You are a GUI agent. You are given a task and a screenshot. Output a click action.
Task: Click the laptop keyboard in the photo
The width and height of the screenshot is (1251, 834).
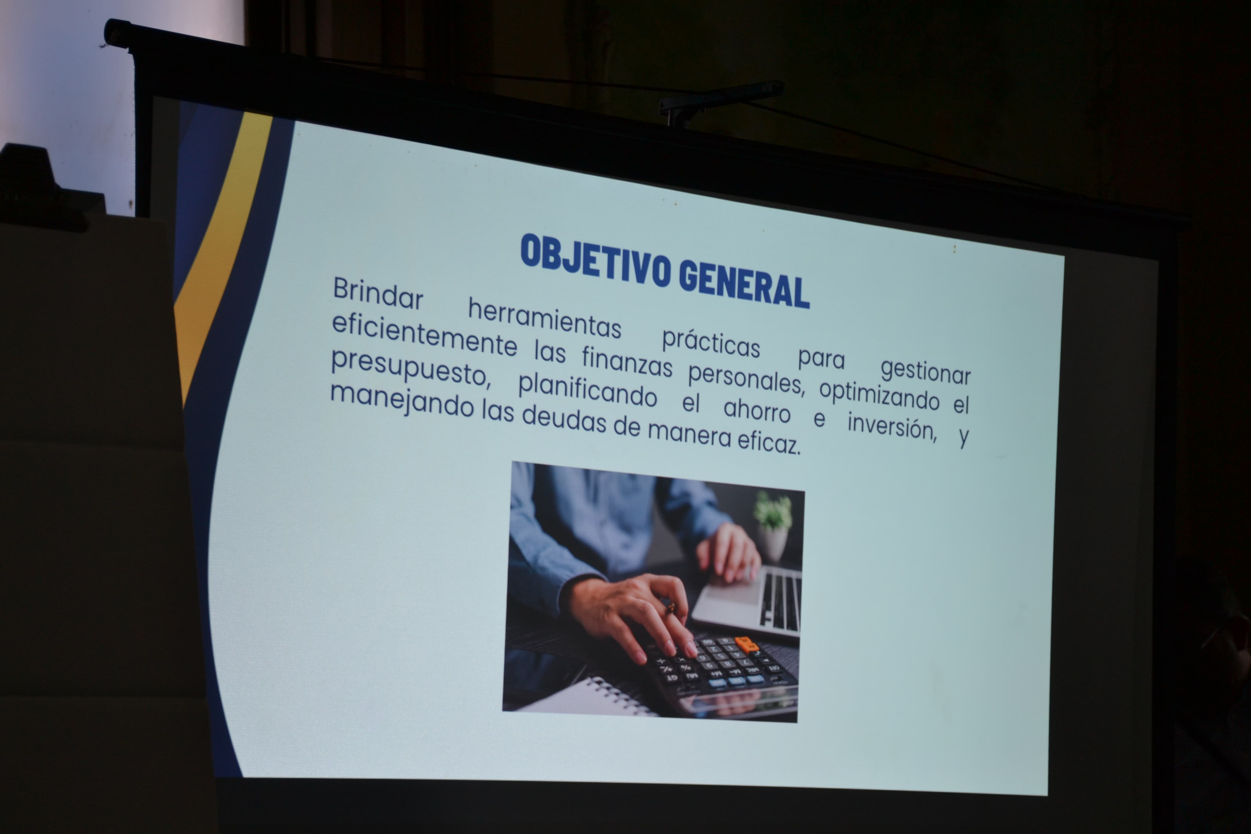click(x=780, y=601)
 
